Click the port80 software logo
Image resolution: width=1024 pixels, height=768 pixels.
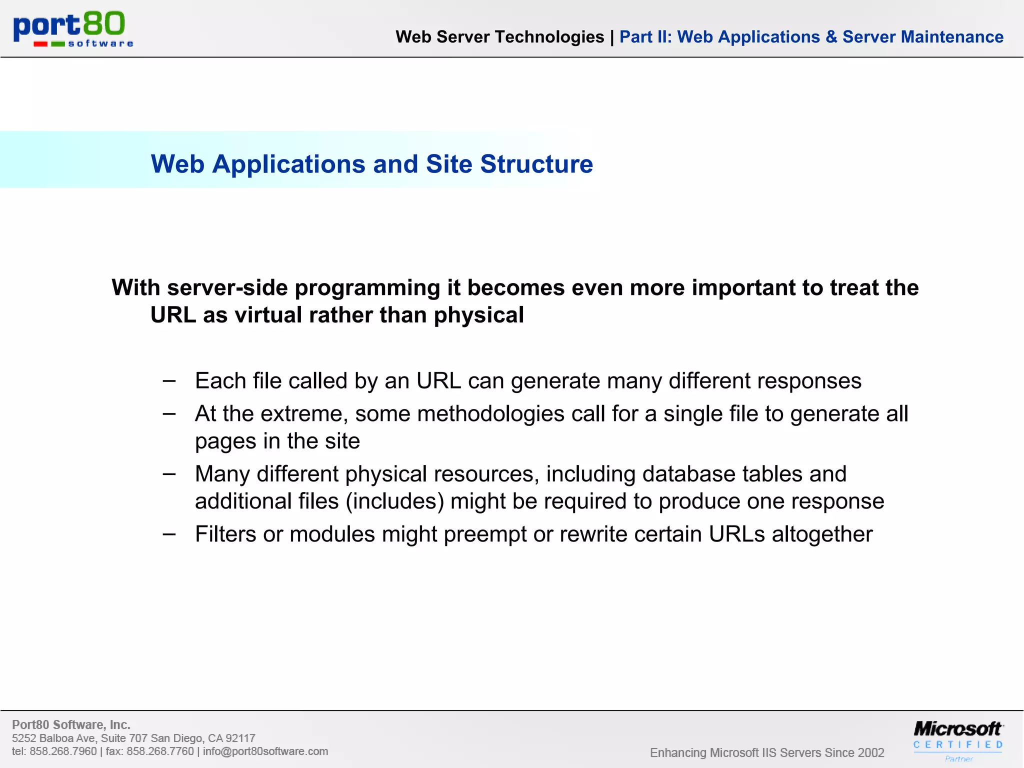coord(73,29)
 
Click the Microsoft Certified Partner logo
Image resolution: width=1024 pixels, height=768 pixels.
coord(957,739)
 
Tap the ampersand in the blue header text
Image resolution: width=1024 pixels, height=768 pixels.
coord(831,37)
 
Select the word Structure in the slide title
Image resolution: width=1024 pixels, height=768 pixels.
coord(536,164)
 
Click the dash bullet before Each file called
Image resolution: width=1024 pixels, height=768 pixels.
coord(169,381)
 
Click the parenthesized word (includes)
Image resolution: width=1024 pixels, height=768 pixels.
coord(394,501)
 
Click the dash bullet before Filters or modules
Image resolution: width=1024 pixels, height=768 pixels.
coord(169,534)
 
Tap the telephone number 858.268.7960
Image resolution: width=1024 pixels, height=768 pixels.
coord(63,751)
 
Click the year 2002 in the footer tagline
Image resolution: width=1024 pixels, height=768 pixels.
coord(870,752)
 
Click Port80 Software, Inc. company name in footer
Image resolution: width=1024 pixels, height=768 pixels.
coord(71,724)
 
